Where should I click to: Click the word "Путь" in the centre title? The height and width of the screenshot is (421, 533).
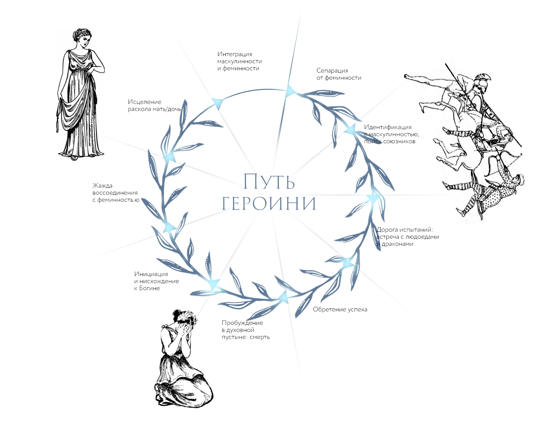(x=269, y=182)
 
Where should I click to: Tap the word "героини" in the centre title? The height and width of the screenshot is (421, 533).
(x=269, y=203)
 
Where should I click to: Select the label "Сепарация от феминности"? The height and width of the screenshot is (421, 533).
(x=339, y=74)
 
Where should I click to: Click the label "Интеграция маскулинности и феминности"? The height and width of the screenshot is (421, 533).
(x=239, y=61)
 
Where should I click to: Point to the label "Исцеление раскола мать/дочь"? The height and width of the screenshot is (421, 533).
(x=154, y=105)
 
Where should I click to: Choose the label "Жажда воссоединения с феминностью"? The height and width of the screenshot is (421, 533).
(x=115, y=193)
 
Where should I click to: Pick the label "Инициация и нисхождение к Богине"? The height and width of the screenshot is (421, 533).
(x=156, y=281)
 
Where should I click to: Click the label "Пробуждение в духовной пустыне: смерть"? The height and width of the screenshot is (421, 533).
(x=245, y=330)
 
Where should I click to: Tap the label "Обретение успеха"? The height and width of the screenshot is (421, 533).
(x=340, y=309)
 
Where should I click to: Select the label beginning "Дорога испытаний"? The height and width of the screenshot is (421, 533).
(x=407, y=237)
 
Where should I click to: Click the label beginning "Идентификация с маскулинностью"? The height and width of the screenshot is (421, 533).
(x=391, y=134)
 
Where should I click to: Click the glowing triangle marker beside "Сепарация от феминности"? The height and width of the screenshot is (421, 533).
(x=290, y=91)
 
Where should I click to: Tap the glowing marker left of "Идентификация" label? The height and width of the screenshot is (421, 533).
(x=350, y=129)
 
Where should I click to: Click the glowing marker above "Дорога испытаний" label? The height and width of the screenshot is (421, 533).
(x=373, y=198)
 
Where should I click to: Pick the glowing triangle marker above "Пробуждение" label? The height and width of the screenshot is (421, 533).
(x=284, y=297)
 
